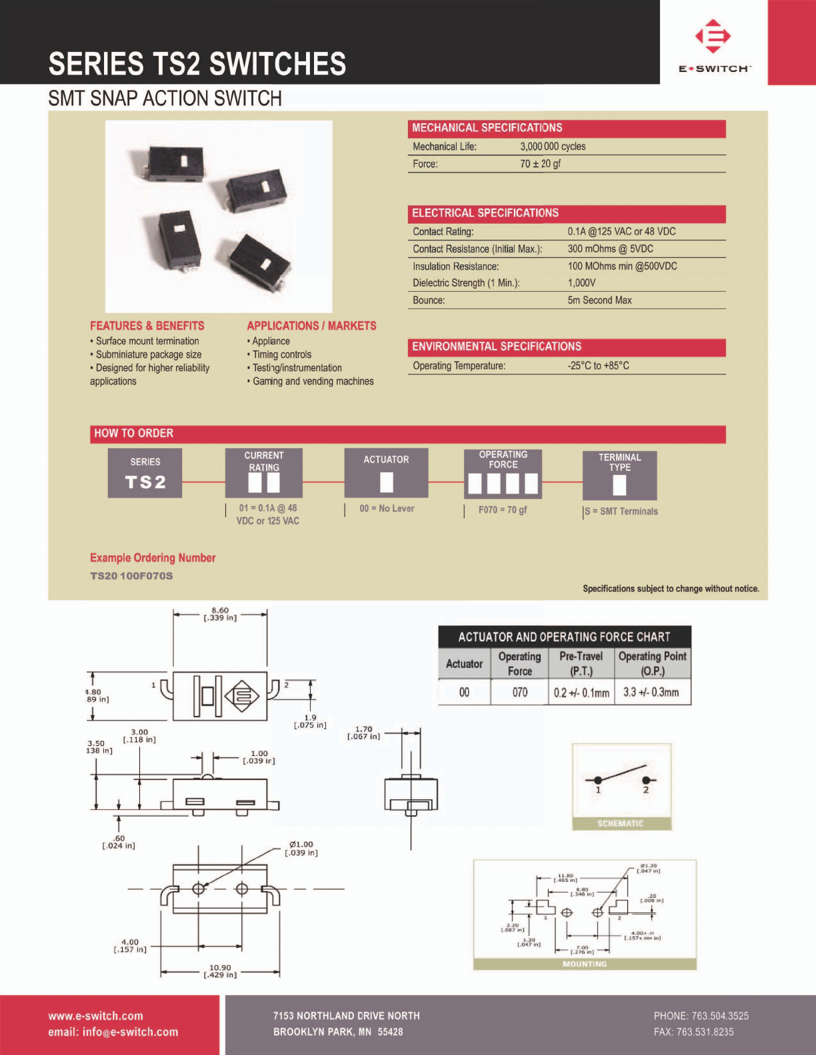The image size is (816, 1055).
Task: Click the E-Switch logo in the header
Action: (x=713, y=44)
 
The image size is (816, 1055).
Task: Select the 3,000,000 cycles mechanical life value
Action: (x=553, y=147)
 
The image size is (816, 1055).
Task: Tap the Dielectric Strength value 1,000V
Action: (x=581, y=283)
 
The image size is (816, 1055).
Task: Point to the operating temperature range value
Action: (x=598, y=366)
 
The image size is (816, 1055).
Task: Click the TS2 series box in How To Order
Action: (x=145, y=474)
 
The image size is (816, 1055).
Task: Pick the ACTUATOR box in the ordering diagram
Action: (x=386, y=474)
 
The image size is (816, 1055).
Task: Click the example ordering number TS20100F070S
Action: (x=131, y=575)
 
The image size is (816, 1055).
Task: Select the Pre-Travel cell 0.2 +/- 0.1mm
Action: (x=581, y=693)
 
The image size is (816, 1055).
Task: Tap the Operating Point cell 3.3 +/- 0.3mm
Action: (x=651, y=693)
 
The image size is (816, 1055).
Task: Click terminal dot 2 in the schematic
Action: (x=645, y=780)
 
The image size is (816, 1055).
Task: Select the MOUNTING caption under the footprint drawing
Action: (x=585, y=964)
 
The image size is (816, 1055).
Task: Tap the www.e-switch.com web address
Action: (x=95, y=1016)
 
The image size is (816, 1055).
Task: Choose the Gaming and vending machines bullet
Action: (x=313, y=382)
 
